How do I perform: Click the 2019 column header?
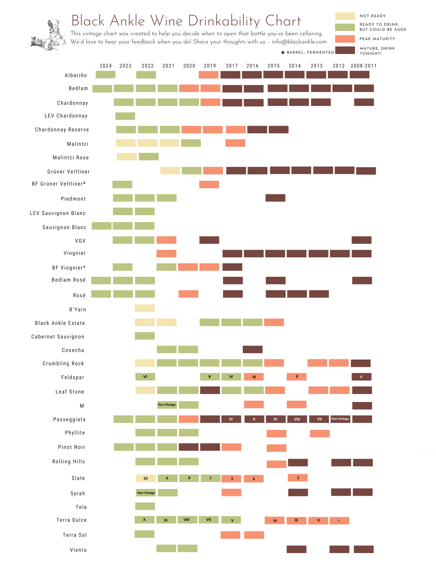click(210, 66)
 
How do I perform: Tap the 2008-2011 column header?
click(363, 66)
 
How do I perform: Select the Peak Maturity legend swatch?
click(345, 39)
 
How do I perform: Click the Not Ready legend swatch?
click(345, 16)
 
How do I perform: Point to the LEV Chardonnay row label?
click(66, 116)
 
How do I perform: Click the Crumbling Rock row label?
click(63, 364)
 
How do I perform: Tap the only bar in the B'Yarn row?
click(145, 308)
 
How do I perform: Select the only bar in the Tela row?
click(145, 506)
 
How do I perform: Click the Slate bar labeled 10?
click(146, 478)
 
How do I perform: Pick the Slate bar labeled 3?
click(298, 478)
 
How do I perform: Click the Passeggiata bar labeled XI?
click(231, 419)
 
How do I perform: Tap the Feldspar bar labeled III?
click(254, 377)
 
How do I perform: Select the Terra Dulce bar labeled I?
click(339, 521)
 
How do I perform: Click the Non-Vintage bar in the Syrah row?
click(146, 493)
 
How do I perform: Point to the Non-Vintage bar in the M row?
click(167, 405)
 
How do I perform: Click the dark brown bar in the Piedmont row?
click(275, 198)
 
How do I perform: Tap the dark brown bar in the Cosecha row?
click(253, 349)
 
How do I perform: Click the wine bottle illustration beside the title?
click(48, 35)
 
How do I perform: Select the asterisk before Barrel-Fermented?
click(283, 53)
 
